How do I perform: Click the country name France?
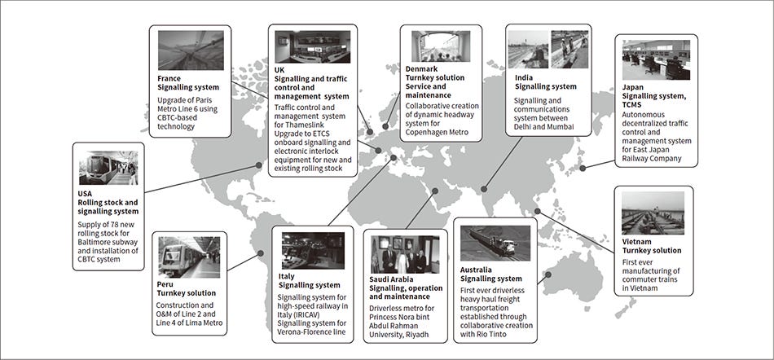[169, 78]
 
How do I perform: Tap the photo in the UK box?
[312, 47]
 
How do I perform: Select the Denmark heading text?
[424, 70]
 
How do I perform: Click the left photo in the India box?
[528, 49]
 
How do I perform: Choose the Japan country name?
[633, 86]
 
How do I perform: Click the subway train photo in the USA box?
[108, 168]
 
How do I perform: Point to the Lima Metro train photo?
[189, 257]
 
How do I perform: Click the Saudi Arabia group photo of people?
[405, 254]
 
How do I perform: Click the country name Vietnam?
[639, 241]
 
